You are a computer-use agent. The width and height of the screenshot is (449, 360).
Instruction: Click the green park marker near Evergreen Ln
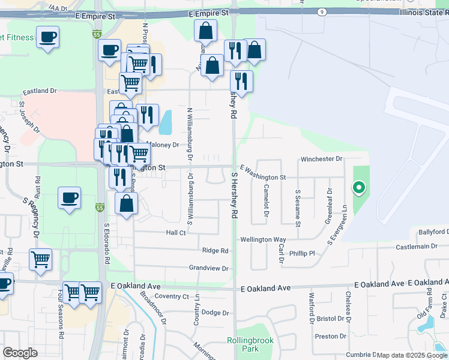(359, 188)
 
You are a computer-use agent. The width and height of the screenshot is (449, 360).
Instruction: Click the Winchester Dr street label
(321, 159)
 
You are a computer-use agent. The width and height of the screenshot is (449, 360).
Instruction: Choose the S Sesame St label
(298, 208)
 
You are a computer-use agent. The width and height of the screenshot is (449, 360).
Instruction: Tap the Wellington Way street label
(263, 239)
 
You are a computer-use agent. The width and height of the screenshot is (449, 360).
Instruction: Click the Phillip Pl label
(302, 254)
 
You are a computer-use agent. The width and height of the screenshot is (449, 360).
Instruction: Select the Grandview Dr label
(209, 268)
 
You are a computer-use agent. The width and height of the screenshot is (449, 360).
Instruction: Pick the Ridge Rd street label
(215, 251)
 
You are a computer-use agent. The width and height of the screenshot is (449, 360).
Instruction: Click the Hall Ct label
(176, 232)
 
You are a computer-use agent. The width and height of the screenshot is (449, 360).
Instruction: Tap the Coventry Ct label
(172, 296)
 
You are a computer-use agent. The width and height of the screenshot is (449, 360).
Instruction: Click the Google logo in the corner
(20, 353)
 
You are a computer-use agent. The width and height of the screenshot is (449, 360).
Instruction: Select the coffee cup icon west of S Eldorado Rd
(69, 198)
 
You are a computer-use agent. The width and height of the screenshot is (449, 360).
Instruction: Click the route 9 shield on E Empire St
(322, 11)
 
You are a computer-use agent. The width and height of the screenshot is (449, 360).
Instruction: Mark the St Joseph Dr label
(29, 117)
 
